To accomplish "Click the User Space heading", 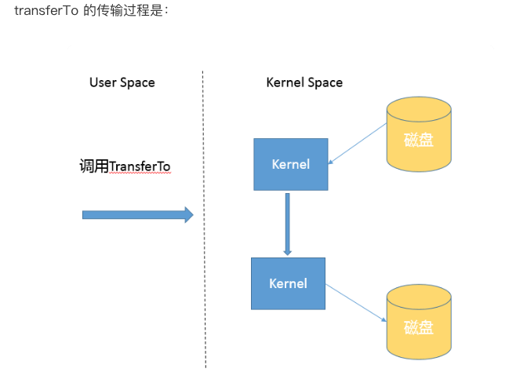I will (122, 82).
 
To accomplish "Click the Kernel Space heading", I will (304, 82).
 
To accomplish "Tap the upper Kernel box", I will (290, 164).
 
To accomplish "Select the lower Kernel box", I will (287, 283).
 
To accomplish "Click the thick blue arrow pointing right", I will (133, 214).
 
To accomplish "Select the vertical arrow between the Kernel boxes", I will (287, 224).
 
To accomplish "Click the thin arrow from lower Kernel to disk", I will (356, 303).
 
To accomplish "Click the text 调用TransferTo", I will (125, 166).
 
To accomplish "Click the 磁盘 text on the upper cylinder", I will (419, 141).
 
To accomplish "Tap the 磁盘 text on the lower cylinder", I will (419, 327).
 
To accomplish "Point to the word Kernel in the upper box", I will (290, 164).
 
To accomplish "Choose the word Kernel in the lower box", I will (287, 283).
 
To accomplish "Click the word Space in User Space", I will (137, 82).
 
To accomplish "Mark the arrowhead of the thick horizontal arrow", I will (188, 214).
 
